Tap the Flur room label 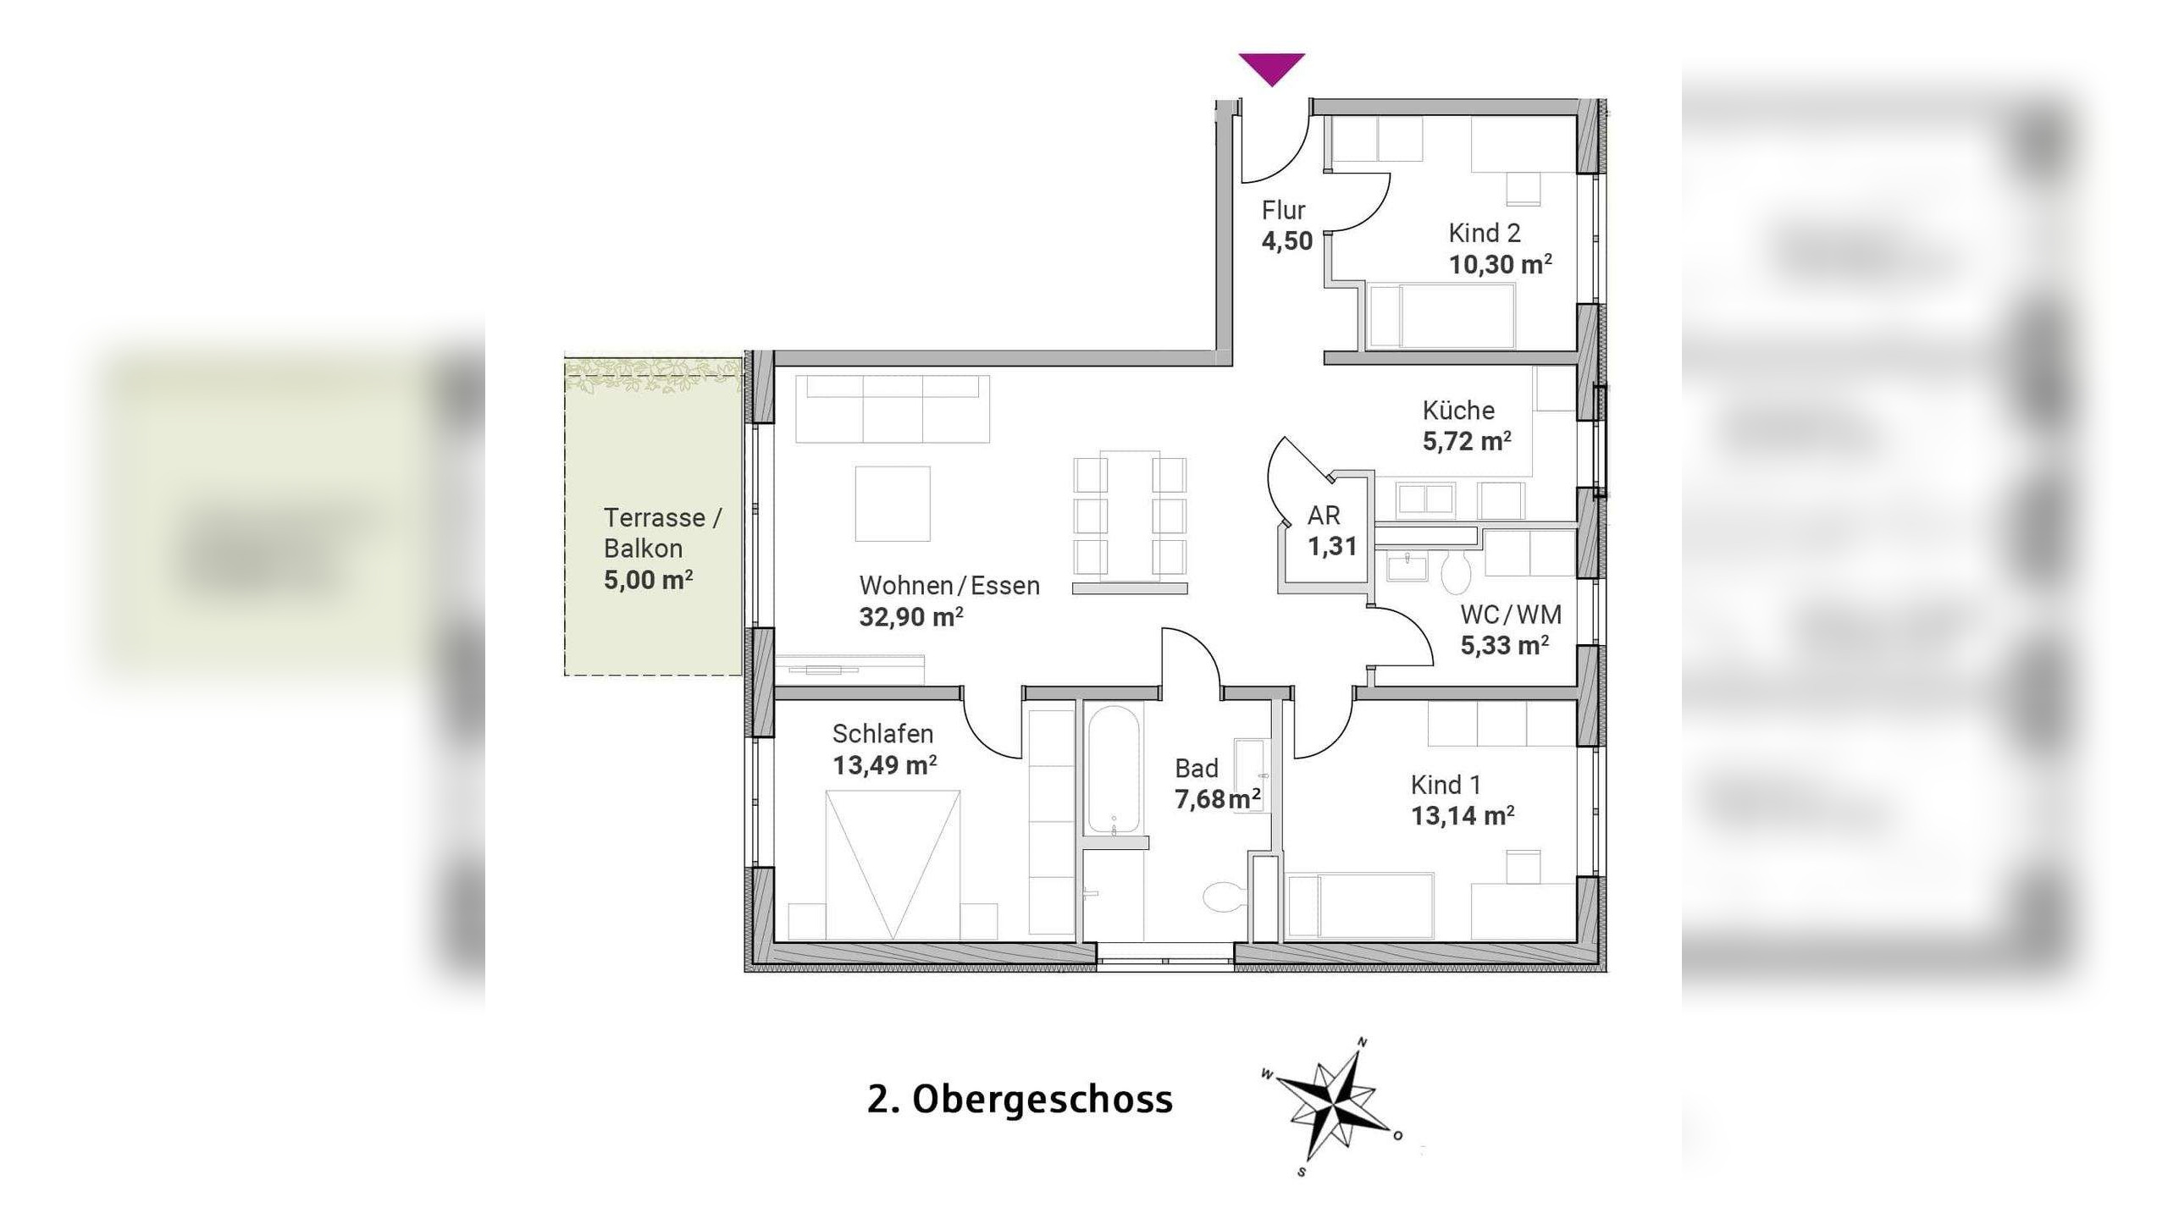1283,210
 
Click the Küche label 1458,411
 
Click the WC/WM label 1511,615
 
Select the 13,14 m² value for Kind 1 1462,816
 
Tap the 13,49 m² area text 884,765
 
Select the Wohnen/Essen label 948,586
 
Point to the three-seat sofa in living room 892,409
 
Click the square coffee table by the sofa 892,504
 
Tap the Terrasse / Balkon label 661,532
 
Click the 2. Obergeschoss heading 1020,1099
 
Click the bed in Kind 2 1441,316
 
